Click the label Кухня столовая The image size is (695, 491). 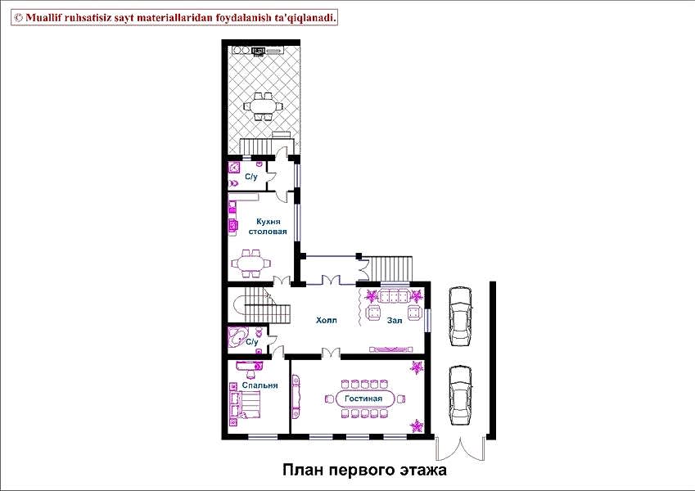click(x=267, y=227)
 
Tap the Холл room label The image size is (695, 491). click(x=327, y=320)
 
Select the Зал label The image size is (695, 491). click(x=395, y=320)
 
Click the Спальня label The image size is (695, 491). click(x=259, y=385)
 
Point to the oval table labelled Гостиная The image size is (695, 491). click(x=363, y=399)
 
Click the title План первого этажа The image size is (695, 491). click(x=364, y=470)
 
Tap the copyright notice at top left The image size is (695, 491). click(x=174, y=18)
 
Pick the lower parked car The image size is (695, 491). click(x=460, y=395)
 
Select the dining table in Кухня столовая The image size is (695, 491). click(x=251, y=264)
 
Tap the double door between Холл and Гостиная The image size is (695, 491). click(x=331, y=353)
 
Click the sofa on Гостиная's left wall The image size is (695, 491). click(x=296, y=396)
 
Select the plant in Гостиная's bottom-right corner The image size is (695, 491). click(x=417, y=426)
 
